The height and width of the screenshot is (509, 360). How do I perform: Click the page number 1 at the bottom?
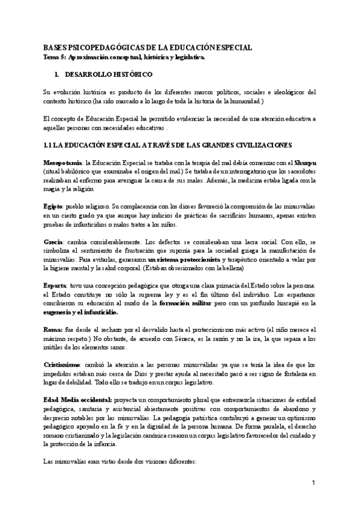coord(313,483)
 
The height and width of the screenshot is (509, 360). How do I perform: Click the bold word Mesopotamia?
coord(63,163)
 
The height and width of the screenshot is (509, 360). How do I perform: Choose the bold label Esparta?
coord(57,284)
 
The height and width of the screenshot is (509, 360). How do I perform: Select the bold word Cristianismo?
coord(63,365)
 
